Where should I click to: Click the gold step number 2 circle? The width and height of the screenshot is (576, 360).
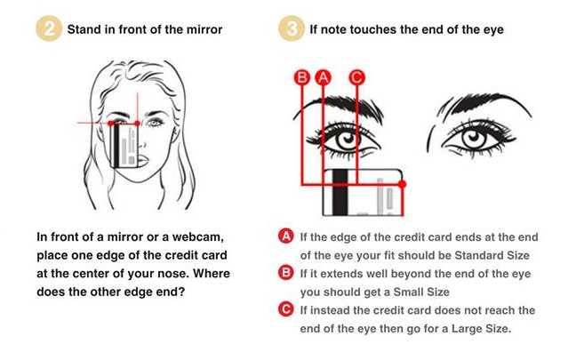coord(49,28)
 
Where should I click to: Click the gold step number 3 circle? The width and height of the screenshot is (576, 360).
coord(292,28)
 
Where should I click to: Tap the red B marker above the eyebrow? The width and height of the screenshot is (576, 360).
coord(302,77)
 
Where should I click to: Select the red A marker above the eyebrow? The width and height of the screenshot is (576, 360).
coord(324,77)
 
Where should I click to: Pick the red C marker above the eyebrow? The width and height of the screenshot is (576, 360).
coord(356,77)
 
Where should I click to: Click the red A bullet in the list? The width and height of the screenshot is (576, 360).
coord(286,236)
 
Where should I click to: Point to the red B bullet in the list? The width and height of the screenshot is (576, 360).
coord(286,273)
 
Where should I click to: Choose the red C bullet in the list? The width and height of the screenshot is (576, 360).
coord(286,309)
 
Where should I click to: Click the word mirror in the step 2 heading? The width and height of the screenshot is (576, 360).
coord(204,29)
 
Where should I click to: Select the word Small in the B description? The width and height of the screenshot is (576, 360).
coord(408,292)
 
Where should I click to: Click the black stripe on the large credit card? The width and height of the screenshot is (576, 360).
coord(340,193)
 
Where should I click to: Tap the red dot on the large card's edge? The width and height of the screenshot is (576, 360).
coord(403,184)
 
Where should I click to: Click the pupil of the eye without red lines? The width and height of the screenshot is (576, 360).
coord(473,138)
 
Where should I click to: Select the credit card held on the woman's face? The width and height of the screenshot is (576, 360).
coord(124,146)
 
